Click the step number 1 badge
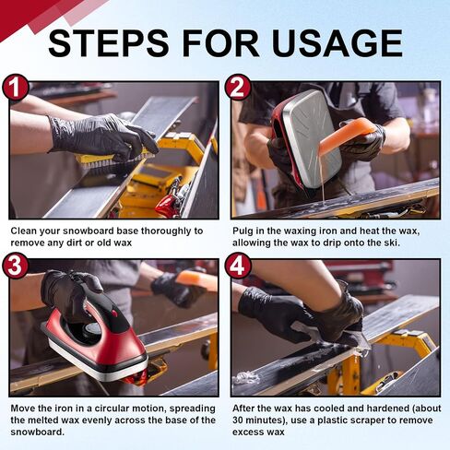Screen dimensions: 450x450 16,88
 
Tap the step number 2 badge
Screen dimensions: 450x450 237,88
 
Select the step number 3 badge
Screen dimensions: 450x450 16,266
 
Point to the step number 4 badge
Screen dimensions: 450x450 237,266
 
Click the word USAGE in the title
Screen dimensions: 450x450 337,43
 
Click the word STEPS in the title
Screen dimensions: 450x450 109,43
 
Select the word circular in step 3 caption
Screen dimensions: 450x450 112,409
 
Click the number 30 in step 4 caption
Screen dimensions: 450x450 238,420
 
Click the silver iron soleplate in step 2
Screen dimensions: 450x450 312,137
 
